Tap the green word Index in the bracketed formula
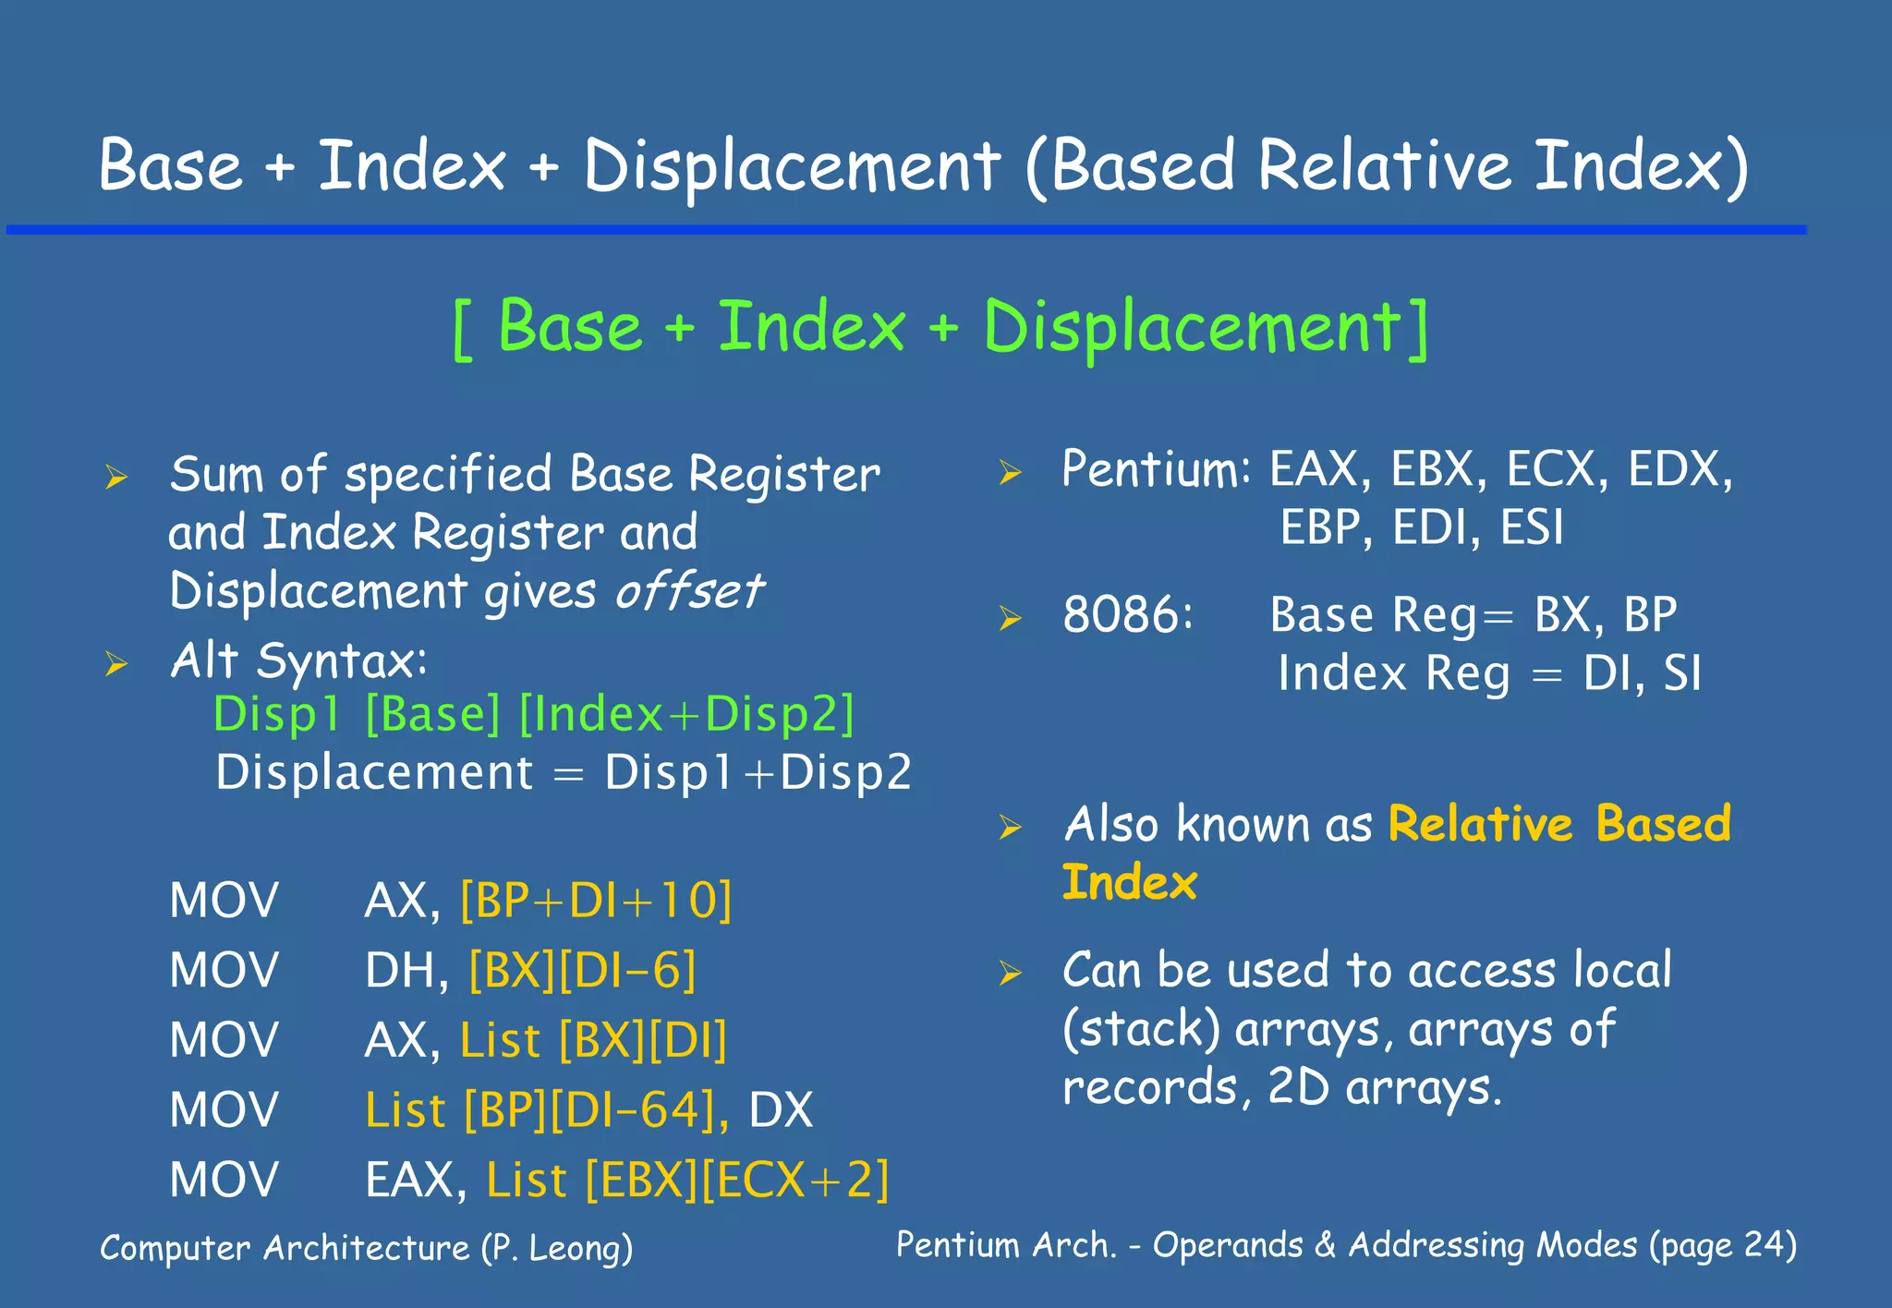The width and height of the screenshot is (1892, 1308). pos(811,328)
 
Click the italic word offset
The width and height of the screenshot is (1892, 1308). pos(688,591)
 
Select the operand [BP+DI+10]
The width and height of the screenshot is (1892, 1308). pos(596,901)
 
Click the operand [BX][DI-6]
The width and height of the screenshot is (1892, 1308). pos(582,971)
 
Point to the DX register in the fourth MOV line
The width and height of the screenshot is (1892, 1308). pos(781,1110)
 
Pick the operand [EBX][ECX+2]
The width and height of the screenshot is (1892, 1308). pos(736,1181)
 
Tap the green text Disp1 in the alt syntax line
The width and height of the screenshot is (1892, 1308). pos(276,715)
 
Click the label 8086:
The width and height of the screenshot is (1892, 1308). pos(1127,615)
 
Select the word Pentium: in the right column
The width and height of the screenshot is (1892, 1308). pos(1155,469)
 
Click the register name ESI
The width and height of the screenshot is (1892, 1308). pos(1531,528)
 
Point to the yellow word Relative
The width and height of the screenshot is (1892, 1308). pos(1480,824)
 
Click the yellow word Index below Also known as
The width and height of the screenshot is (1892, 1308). pos(1129,883)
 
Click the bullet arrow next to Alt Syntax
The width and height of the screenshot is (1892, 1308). pos(115,664)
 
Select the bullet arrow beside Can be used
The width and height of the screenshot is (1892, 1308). pos(1010,974)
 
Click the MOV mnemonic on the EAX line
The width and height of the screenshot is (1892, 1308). pos(224,1181)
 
